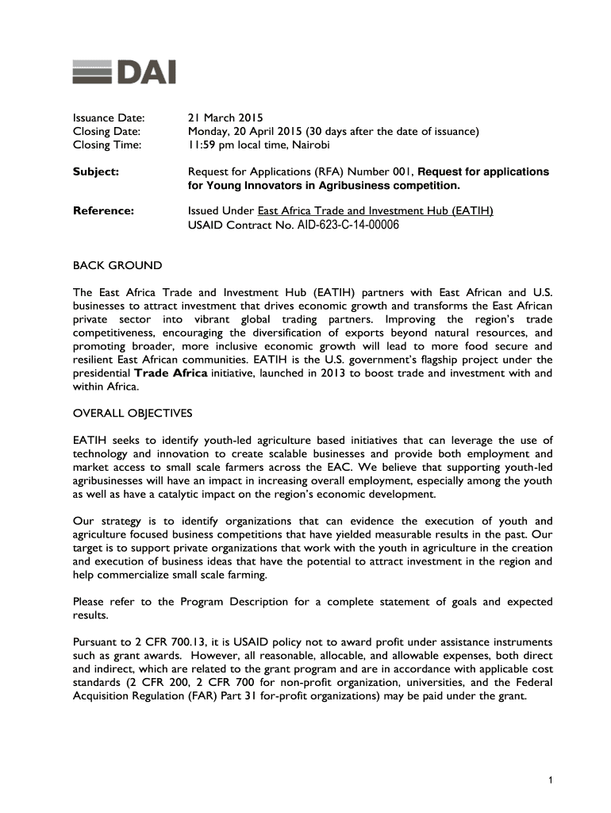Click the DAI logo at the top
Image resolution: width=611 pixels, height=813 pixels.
[124, 72]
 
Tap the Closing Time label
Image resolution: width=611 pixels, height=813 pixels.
[107, 145]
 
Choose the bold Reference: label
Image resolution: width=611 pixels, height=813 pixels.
[103, 210]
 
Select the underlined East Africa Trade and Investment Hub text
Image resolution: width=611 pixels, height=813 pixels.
[375, 210]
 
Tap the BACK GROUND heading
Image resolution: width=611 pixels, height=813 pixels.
[117, 265]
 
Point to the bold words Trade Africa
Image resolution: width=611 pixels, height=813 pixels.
[171, 373]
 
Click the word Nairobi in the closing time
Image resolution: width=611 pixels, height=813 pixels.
[310, 145]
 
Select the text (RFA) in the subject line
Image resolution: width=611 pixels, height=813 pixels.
[332, 171]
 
